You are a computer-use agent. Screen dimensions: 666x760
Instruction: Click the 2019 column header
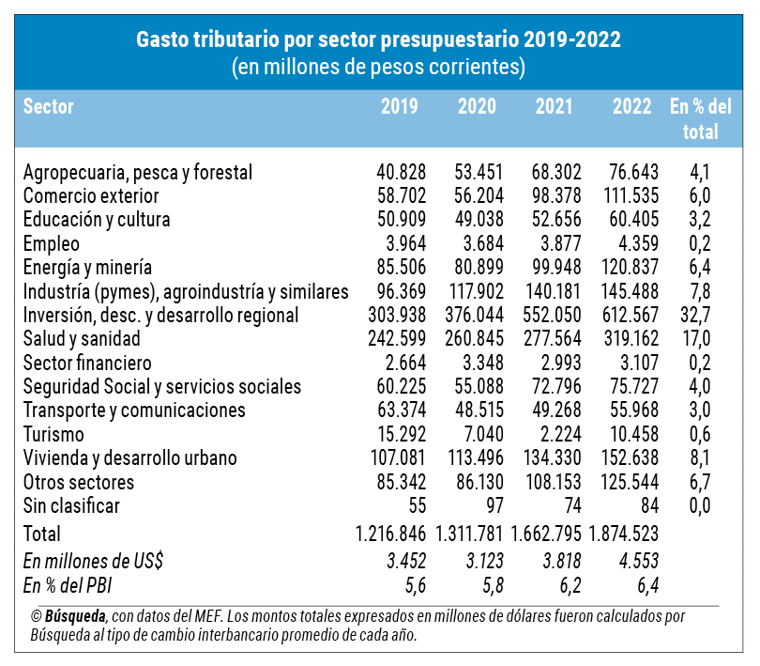400,105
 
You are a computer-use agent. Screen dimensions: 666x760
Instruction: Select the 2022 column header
631,105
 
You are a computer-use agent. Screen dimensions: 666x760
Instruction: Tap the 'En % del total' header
700,118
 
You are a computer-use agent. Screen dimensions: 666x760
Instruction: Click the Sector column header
48,105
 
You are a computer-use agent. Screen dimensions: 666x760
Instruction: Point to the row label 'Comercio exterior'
91,196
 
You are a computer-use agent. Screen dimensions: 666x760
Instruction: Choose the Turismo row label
53,434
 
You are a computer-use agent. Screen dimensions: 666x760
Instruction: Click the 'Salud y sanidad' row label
82,338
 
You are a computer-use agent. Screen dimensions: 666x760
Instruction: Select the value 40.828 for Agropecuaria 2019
401,173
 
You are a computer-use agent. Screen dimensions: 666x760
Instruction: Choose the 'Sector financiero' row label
86,363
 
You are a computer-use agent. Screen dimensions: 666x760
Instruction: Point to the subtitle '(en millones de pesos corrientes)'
378,68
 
